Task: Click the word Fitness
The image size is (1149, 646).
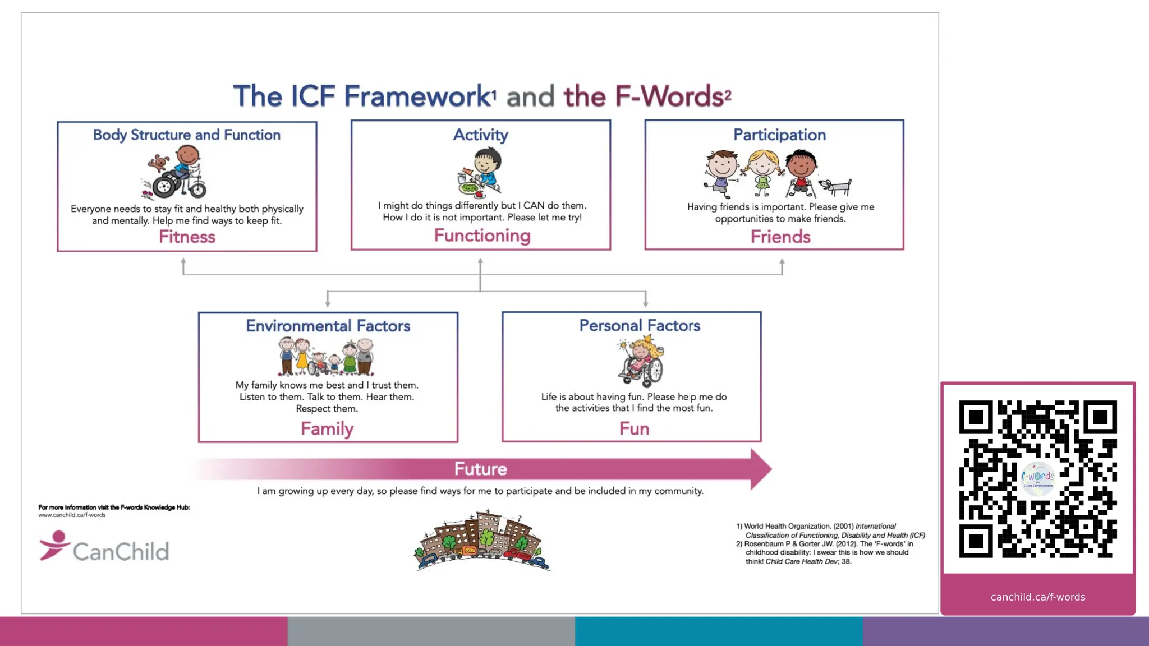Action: pos(187,237)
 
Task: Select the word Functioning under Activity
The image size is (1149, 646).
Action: pos(482,236)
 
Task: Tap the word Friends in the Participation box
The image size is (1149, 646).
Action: pos(780,237)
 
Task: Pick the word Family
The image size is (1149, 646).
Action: pos(327,428)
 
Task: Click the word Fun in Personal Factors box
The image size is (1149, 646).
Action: pos(634,428)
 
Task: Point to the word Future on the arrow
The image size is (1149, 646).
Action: pos(480,469)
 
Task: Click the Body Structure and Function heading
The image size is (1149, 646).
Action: pos(187,135)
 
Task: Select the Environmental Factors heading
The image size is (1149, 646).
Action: pos(328,326)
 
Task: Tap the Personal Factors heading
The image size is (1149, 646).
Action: pos(640,326)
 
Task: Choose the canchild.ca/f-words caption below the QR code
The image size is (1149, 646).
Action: pos(1038,597)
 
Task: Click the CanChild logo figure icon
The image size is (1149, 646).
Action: pos(54,545)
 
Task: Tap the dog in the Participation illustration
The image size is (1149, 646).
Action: pos(836,186)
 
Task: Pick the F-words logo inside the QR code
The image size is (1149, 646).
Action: pos(1038,478)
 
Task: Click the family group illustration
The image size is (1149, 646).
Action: pos(326,357)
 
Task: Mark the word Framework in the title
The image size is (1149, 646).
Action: pos(417,96)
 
